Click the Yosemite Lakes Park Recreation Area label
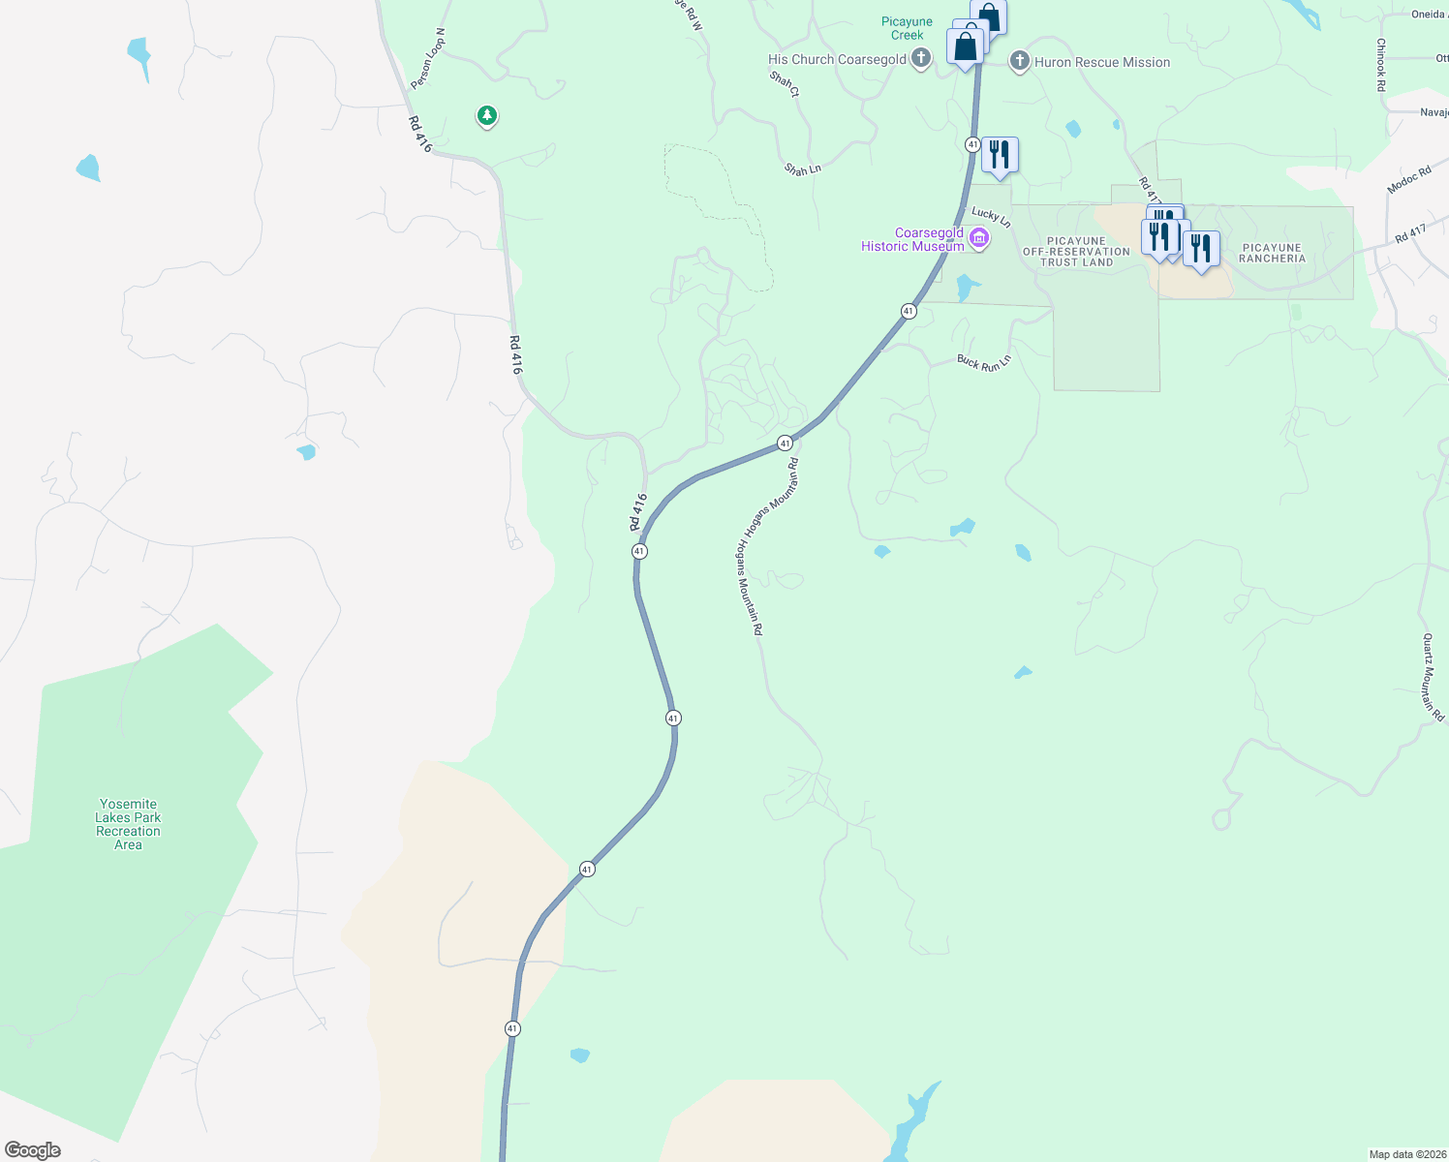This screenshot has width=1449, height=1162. (128, 824)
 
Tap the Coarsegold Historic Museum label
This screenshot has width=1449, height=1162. (913, 239)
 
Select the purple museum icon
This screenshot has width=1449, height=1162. (979, 238)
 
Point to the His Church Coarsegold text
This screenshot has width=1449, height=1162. (837, 59)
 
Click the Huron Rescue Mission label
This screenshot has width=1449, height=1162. (1102, 62)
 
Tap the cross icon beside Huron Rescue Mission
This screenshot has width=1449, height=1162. (1019, 62)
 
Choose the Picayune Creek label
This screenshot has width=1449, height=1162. (908, 28)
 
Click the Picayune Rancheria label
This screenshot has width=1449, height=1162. (1272, 253)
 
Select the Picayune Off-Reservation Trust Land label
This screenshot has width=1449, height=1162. (1076, 252)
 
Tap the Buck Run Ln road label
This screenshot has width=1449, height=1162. (984, 362)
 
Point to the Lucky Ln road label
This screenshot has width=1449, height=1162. (991, 217)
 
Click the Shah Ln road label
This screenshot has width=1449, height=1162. (803, 169)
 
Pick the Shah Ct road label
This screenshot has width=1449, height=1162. (785, 84)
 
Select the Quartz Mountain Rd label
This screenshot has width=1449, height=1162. (1433, 677)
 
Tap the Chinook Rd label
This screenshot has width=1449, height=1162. (1381, 65)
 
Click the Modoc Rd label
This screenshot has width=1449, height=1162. (1409, 180)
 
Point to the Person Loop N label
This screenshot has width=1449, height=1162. (427, 58)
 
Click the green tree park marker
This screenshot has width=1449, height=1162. (487, 116)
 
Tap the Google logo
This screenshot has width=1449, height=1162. (33, 1150)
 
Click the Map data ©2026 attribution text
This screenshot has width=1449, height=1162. (1406, 1154)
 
